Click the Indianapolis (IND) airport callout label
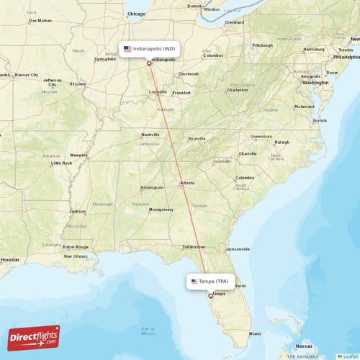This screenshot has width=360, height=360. click(x=149, y=49)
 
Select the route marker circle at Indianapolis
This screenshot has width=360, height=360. click(x=149, y=63)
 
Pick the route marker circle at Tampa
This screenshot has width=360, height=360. click(x=210, y=295)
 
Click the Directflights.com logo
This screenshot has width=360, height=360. click(x=34, y=337)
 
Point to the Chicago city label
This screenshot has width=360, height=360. click(x=135, y=14)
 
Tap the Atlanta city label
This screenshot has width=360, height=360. click(x=186, y=183)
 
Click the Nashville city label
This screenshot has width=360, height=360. click(x=150, y=135)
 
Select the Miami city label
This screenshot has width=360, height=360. click(x=255, y=334)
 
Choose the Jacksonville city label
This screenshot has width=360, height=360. click(x=237, y=249)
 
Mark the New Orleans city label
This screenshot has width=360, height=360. click(x=76, y=256)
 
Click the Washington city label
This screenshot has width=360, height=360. click(x=315, y=82)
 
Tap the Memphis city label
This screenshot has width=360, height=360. click(x=78, y=155)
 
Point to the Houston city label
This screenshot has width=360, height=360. click(x=10, y=259)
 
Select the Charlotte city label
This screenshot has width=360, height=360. click(x=248, y=153)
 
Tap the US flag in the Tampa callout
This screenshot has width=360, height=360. click(x=194, y=281)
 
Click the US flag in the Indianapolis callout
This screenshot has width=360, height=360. click(x=127, y=49)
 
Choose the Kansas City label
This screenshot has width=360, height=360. click(x=27, y=74)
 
